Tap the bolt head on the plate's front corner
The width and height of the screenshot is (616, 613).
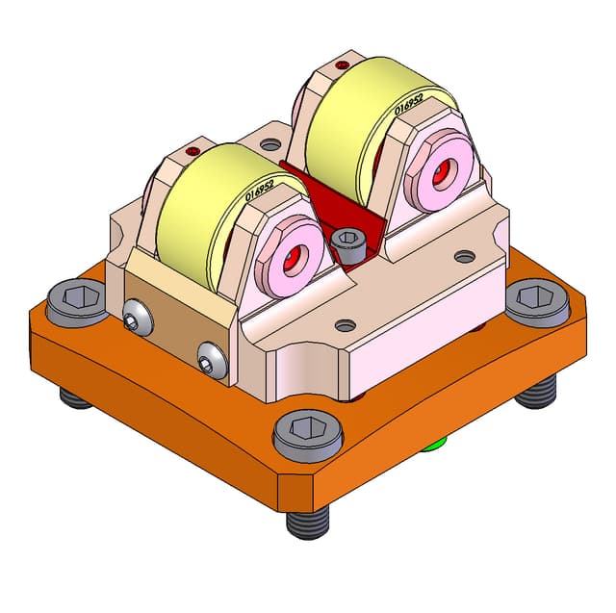pos(308,435)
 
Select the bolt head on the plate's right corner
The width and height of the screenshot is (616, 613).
pos(537,301)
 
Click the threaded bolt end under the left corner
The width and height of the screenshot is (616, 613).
pos(75,396)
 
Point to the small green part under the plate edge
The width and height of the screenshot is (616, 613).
pos(437,444)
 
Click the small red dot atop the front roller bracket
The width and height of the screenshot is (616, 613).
pos(193,151)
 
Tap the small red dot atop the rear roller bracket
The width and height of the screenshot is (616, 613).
pos(341,65)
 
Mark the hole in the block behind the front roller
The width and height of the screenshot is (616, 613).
pos(271,144)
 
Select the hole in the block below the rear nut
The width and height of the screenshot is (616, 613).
pos(465,257)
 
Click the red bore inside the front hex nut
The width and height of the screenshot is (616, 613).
pos(291,258)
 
